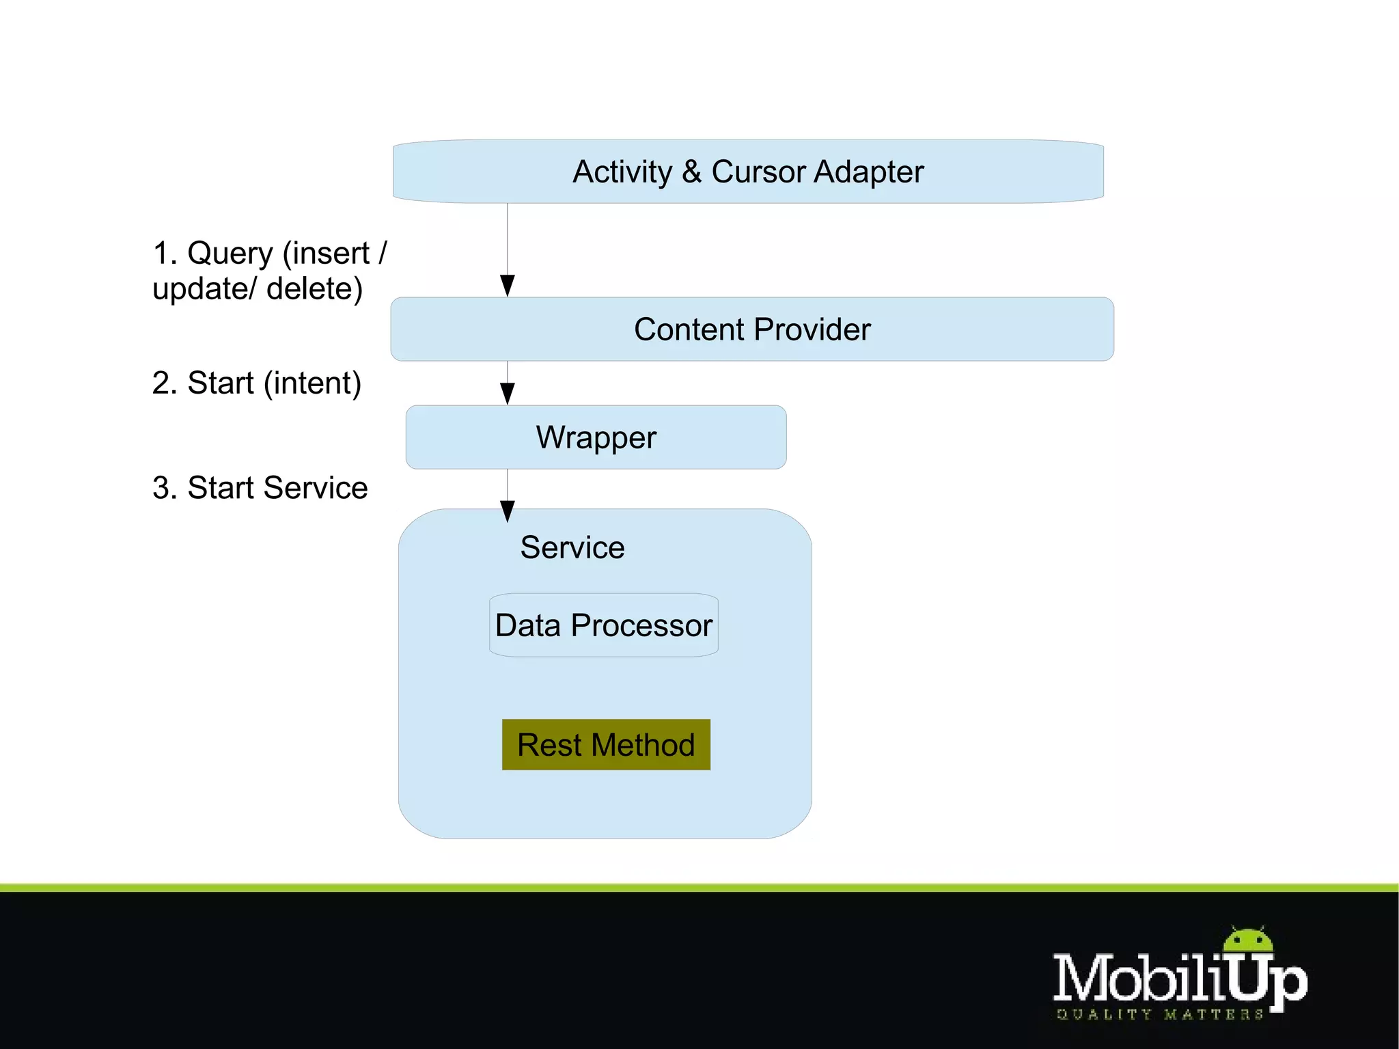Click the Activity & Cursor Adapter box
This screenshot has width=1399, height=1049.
coord(748,172)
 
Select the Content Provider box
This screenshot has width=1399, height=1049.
coord(751,329)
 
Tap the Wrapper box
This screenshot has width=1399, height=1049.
coord(596,437)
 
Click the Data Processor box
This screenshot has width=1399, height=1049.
coord(604,625)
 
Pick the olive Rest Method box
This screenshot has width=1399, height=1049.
coord(606,745)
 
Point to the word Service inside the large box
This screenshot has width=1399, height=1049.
coord(572,547)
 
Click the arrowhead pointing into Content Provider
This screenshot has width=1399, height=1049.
coord(508,285)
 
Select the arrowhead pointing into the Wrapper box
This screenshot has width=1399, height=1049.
coord(508,393)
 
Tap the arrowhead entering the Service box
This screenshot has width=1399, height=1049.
coord(508,510)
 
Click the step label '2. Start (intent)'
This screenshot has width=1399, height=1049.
coord(257,383)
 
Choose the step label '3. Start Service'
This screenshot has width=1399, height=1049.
coord(260,488)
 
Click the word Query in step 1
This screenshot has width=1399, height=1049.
coord(230,254)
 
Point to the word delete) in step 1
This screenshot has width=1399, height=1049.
coord(314,289)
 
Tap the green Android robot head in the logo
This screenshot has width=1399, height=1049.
coord(1248,940)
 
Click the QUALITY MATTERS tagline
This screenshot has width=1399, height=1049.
coord(1160,1015)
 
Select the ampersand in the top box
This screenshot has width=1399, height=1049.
coord(691,172)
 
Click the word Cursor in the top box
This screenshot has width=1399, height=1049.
coord(758,172)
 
